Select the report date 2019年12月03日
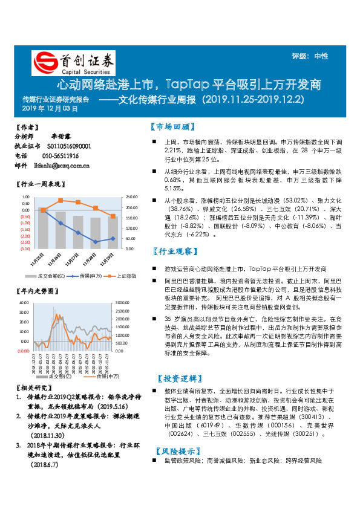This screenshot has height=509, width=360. click(50, 109)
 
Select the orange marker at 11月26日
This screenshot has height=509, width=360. click(61, 200)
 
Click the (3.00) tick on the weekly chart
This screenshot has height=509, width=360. click(25, 248)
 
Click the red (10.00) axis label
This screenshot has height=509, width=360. click(24, 351)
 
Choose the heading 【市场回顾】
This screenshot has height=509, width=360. click(172, 128)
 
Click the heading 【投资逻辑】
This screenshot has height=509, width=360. click(177, 378)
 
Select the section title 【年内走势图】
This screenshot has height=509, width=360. click(35, 291)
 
